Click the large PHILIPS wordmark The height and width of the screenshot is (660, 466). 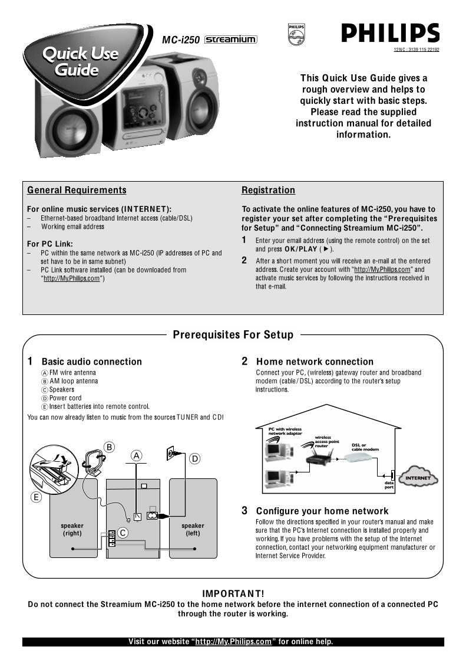390,33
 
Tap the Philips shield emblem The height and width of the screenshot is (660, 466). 296,34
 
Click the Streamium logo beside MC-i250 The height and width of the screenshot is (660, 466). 230,40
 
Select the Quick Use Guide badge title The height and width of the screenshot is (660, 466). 80,62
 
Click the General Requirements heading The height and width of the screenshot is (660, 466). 77,190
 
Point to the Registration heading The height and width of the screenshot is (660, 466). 268,190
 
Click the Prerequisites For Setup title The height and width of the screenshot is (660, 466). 233,335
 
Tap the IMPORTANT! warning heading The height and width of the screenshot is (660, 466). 233,593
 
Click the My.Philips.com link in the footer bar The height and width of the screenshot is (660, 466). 233,642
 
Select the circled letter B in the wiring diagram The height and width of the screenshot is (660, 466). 109,447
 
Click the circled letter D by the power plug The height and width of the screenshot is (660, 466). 194,458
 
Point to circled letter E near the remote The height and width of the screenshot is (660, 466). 36,497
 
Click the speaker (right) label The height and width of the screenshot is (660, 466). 72,529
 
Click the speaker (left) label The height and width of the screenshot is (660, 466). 193,529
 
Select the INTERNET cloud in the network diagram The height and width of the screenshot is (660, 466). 418,477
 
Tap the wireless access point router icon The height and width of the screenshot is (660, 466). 319,457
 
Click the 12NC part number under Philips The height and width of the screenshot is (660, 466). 416,50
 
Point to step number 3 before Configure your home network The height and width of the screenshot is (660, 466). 244,511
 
